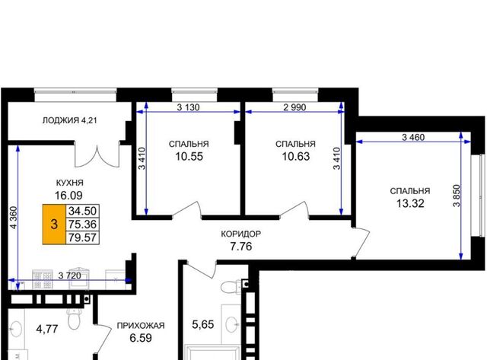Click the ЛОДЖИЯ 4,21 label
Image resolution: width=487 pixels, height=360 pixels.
(69, 120)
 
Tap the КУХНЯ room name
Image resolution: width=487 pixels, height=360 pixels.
(69, 183)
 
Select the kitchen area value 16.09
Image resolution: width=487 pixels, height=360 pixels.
(68, 196)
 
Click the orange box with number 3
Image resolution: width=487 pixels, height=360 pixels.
(54, 224)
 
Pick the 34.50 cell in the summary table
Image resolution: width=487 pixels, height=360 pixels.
(82, 211)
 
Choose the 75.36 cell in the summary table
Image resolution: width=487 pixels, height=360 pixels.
(82, 224)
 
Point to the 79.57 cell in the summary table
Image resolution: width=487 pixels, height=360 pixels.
(82, 237)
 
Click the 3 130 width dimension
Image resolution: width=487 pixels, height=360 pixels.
(188, 107)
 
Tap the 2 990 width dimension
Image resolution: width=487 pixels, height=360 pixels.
(294, 107)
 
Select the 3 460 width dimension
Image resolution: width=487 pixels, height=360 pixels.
(413, 137)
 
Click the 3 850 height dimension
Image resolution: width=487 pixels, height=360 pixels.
(457, 196)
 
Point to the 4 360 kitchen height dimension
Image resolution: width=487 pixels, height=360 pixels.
(13, 218)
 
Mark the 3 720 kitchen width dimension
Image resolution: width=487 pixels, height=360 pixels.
(69, 276)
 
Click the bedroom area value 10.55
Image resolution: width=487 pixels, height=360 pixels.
(189, 156)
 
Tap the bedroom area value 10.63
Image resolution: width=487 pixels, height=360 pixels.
(296, 156)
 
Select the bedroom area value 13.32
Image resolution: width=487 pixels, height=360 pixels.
(410, 203)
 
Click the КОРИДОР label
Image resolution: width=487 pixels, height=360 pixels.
(241, 234)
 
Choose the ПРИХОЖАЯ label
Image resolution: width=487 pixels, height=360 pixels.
(141, 326)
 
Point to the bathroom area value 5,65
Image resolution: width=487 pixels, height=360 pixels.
(203, 324)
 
